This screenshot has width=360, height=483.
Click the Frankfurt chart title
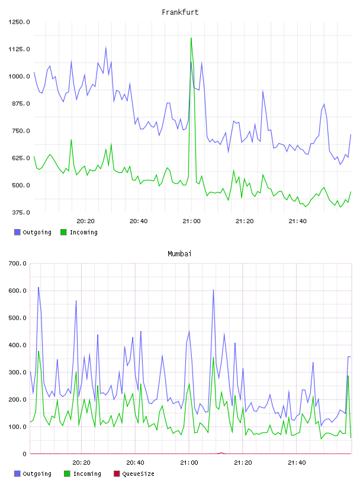(x=180, y=12)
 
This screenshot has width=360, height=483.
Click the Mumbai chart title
(x=179, y=253)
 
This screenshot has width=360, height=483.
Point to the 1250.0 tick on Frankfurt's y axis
(x=19, y=22)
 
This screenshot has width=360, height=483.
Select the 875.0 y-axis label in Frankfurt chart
(x=19, y=104)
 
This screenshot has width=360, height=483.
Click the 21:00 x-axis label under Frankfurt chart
(x=191, y=221)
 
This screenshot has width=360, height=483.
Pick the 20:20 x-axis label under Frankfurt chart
(x=85, y=221)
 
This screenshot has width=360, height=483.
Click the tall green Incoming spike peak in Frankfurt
(x=191, y=38)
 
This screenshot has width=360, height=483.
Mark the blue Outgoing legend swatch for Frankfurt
(x=17, y=232)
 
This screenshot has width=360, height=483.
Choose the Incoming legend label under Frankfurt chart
(x=83, y=232)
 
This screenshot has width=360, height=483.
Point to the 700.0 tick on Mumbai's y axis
(x=18, y=263)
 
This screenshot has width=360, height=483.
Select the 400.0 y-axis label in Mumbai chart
(x=18, y=345)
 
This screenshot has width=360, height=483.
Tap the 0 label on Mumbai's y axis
(x=24, y=454)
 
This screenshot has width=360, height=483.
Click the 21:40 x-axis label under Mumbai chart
(x=297, y=462)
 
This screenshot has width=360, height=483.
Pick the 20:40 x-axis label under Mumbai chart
(x=136, y=462)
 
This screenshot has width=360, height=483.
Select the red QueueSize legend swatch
(x=117, y=474)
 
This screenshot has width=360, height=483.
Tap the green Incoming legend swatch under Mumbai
(x=67, y=474)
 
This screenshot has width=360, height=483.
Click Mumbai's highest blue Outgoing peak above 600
(x=38, y=288)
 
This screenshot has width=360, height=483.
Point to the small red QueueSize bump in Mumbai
(x=221, y=453)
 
